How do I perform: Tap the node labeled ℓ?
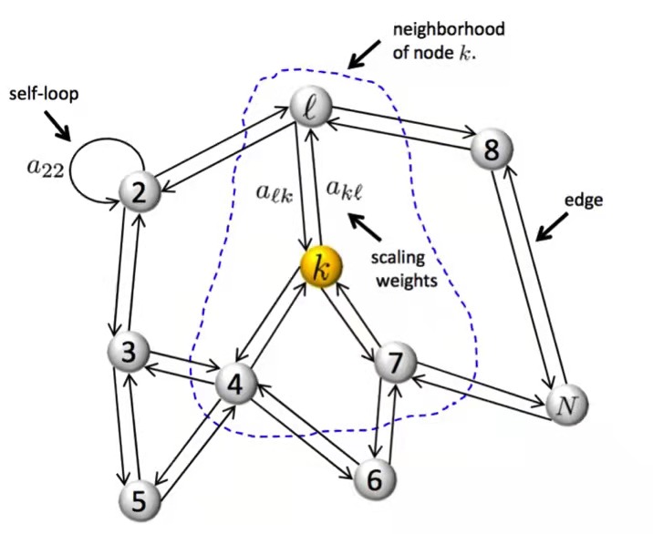click(x=310, y=109)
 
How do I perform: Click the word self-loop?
click(x=44, y=95)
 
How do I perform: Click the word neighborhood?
click(x=448, y=29)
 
